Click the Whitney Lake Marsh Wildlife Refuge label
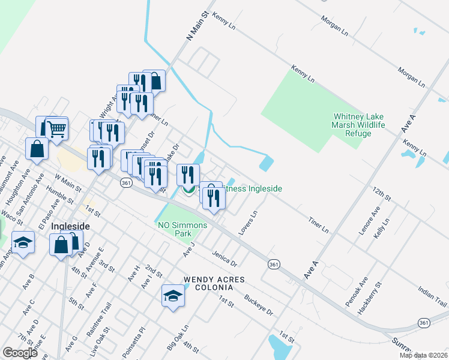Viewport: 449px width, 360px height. [x=358, y=125]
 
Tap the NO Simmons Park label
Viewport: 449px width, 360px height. [x=182, y=229]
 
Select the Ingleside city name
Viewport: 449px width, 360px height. [x=70, y=226]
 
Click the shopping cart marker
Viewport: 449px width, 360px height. [x=56, y=128]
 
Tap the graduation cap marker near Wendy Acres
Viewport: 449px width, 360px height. [x=173, y=296]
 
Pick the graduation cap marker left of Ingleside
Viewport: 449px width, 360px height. [x=23, y=243]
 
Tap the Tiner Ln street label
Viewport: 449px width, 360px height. [x=318, y=225]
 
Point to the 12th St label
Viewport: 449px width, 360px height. [x=381, y=194]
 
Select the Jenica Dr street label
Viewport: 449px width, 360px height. [x=224, y=259]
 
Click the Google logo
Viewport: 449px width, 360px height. [x=20, y=353]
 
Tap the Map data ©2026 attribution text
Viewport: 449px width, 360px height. [x=423, y=355]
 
